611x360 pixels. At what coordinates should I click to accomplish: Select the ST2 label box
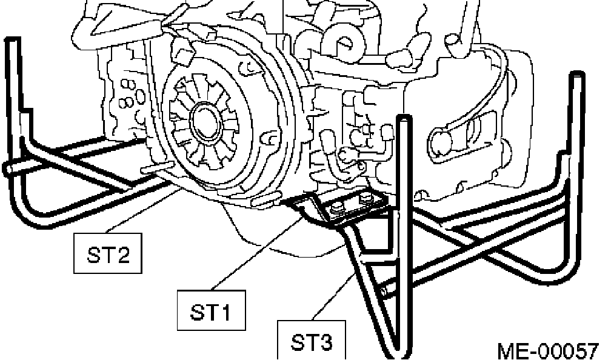pyautogui.click(x=108, y=254)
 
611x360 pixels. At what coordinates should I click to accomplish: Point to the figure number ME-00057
pyautogui.click(x=547, y=350)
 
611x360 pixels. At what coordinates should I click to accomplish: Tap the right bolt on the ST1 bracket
pyautogui.click(x=366, y=199)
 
